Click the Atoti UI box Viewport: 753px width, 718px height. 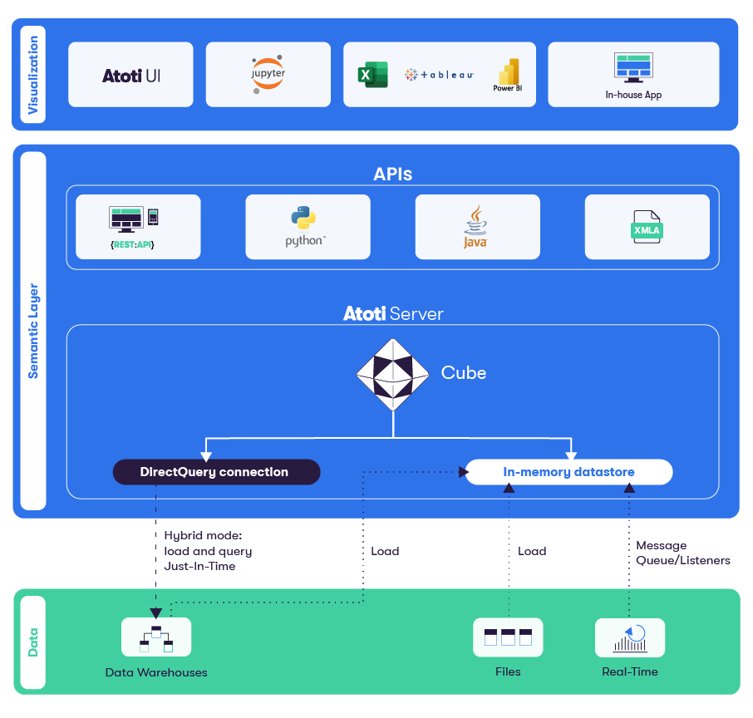click(130, 75)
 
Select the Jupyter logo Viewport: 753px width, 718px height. click(268, 74)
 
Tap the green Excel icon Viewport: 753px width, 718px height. click(373, 75)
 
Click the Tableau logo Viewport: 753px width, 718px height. click(439, 75)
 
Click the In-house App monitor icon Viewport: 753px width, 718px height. click(633, 67)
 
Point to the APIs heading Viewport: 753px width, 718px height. click(393, 175)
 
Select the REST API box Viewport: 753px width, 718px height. click(138, 227)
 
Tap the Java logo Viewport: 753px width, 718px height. click(475, 226)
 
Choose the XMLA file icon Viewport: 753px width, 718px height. click(647, 227)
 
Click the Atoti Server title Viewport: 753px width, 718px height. click(393, 313)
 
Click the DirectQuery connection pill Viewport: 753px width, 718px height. click(216, 472)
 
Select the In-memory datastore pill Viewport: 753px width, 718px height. click(568, 472)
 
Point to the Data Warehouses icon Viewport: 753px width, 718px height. click(156, 637)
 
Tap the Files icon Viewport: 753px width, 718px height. click(507, 637)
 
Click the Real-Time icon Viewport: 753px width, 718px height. click(630, 637)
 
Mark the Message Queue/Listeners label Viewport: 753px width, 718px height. click(682, 553)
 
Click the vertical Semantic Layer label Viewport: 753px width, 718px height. click(33, 331)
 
